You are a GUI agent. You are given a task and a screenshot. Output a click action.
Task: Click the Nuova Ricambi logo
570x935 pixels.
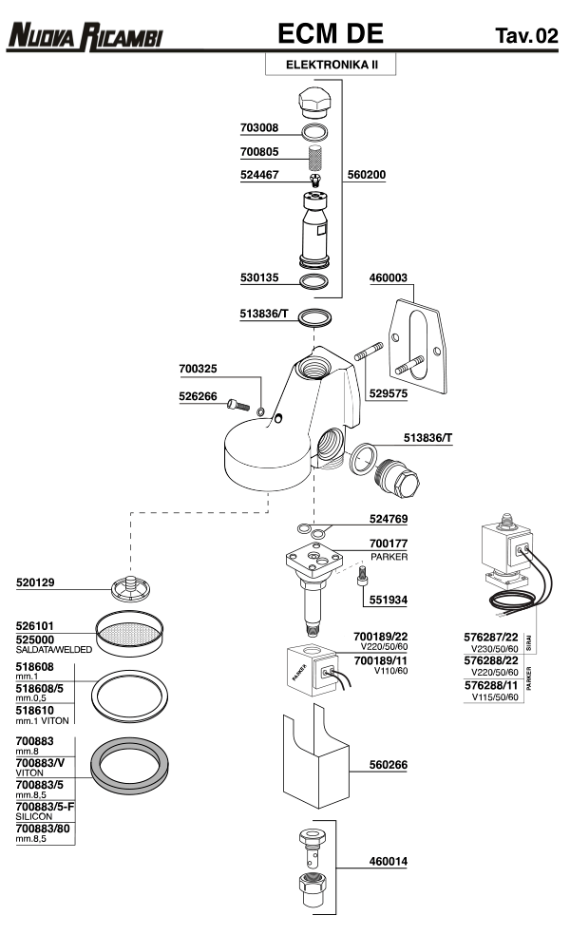tap(85, 36)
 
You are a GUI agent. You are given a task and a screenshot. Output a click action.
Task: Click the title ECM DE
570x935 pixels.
tap(331, 34)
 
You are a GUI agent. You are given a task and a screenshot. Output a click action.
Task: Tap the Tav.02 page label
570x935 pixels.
tap(526, 36)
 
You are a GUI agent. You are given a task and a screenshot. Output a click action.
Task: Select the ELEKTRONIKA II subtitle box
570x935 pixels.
tap(331, 65)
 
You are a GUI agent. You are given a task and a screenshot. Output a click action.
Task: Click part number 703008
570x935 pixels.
tap(259, 127)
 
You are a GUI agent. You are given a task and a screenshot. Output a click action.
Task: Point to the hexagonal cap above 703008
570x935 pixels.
tap(313, 102)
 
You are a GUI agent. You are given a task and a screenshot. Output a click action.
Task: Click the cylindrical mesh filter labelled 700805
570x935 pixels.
tap(314, 158)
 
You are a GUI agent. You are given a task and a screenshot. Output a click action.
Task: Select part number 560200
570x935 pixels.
tap(366, 175)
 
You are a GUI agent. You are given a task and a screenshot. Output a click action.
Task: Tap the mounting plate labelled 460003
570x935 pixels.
tap(417, 347)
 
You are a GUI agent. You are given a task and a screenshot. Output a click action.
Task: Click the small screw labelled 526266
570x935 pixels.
tap(237, 406)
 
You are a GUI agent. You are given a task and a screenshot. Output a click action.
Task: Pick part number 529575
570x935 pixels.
tap(389, 393)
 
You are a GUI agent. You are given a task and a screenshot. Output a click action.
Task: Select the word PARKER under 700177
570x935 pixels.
tap(389, 557)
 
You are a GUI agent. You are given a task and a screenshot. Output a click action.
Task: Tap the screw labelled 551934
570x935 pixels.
tap(361, 577)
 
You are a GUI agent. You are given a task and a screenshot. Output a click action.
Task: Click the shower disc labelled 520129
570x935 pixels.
tap(130, 588)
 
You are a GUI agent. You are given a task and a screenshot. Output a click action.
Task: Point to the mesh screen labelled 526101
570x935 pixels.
tap(129, 632)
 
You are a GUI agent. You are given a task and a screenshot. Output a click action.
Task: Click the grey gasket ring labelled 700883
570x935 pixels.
tap(129, 766)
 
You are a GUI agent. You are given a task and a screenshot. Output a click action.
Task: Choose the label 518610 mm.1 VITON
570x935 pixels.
tap(43, 715)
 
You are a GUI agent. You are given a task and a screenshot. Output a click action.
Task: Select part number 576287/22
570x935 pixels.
tap(491, 637)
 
